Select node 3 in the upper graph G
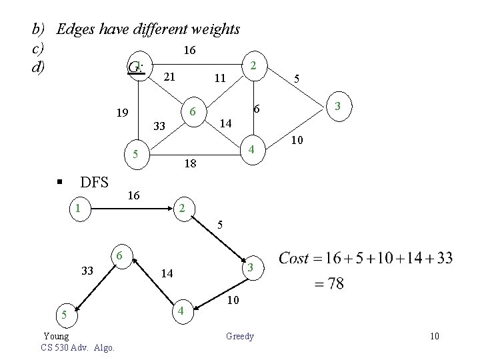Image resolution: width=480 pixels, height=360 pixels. coord(338,107)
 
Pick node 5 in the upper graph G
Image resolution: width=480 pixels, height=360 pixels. coord(135,155)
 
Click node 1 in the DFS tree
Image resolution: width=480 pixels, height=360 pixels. coord(78,207)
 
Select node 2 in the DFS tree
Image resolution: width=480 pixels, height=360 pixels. coord(181,208)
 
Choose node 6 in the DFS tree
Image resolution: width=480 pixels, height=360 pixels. coord(118,255)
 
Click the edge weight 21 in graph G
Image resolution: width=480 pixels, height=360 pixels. coord(169,77)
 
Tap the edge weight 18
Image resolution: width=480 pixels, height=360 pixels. coord(190,163)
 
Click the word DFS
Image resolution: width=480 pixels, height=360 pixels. coord(95,182)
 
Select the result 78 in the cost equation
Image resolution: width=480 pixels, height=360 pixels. coord(336,284)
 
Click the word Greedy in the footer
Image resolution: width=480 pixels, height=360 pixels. coord(240,336)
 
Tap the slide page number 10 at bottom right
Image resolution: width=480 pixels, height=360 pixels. coord(434,336)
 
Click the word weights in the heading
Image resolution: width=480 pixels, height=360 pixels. coord(213,29)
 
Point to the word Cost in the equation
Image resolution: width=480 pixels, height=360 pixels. coord(294,258)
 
